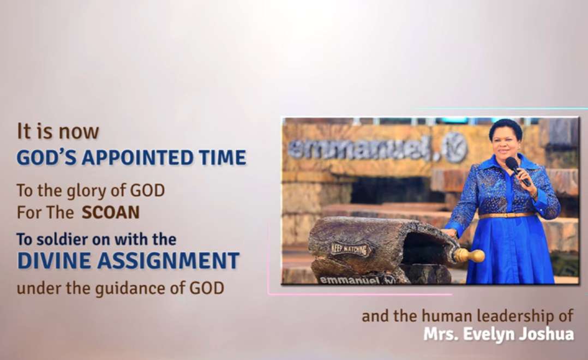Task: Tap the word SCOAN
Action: [111, 213]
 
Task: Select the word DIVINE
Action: [55, 261]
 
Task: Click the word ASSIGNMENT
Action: [168, 261]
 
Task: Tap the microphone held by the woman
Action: [517, 170]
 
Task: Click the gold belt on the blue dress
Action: [507, 215]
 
